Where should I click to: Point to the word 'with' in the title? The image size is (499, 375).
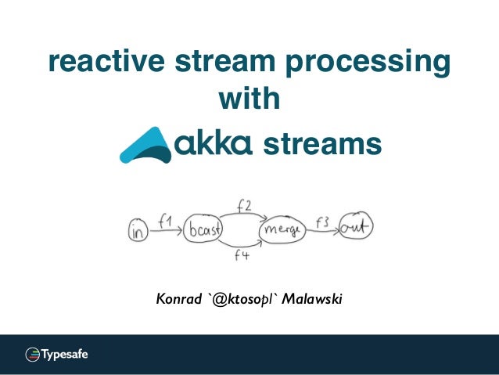pos(249,100)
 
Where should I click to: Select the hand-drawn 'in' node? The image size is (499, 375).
pos(138,230)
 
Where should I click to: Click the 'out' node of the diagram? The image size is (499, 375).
pos(356,228)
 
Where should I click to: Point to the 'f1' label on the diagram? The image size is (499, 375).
pos(165,222)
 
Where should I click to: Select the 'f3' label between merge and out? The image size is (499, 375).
pos(321,221)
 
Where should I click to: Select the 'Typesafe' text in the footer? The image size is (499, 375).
pos(64,354)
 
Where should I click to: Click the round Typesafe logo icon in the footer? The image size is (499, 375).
pos(32,354)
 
